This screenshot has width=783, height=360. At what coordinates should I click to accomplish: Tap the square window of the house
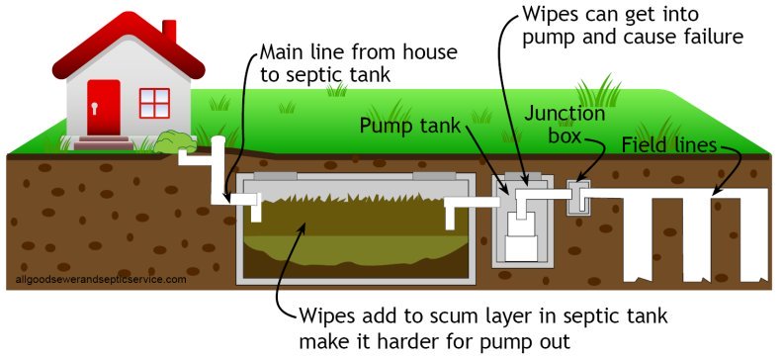tap(153, 103)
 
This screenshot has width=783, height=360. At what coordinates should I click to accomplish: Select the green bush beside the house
tap(171, 141)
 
